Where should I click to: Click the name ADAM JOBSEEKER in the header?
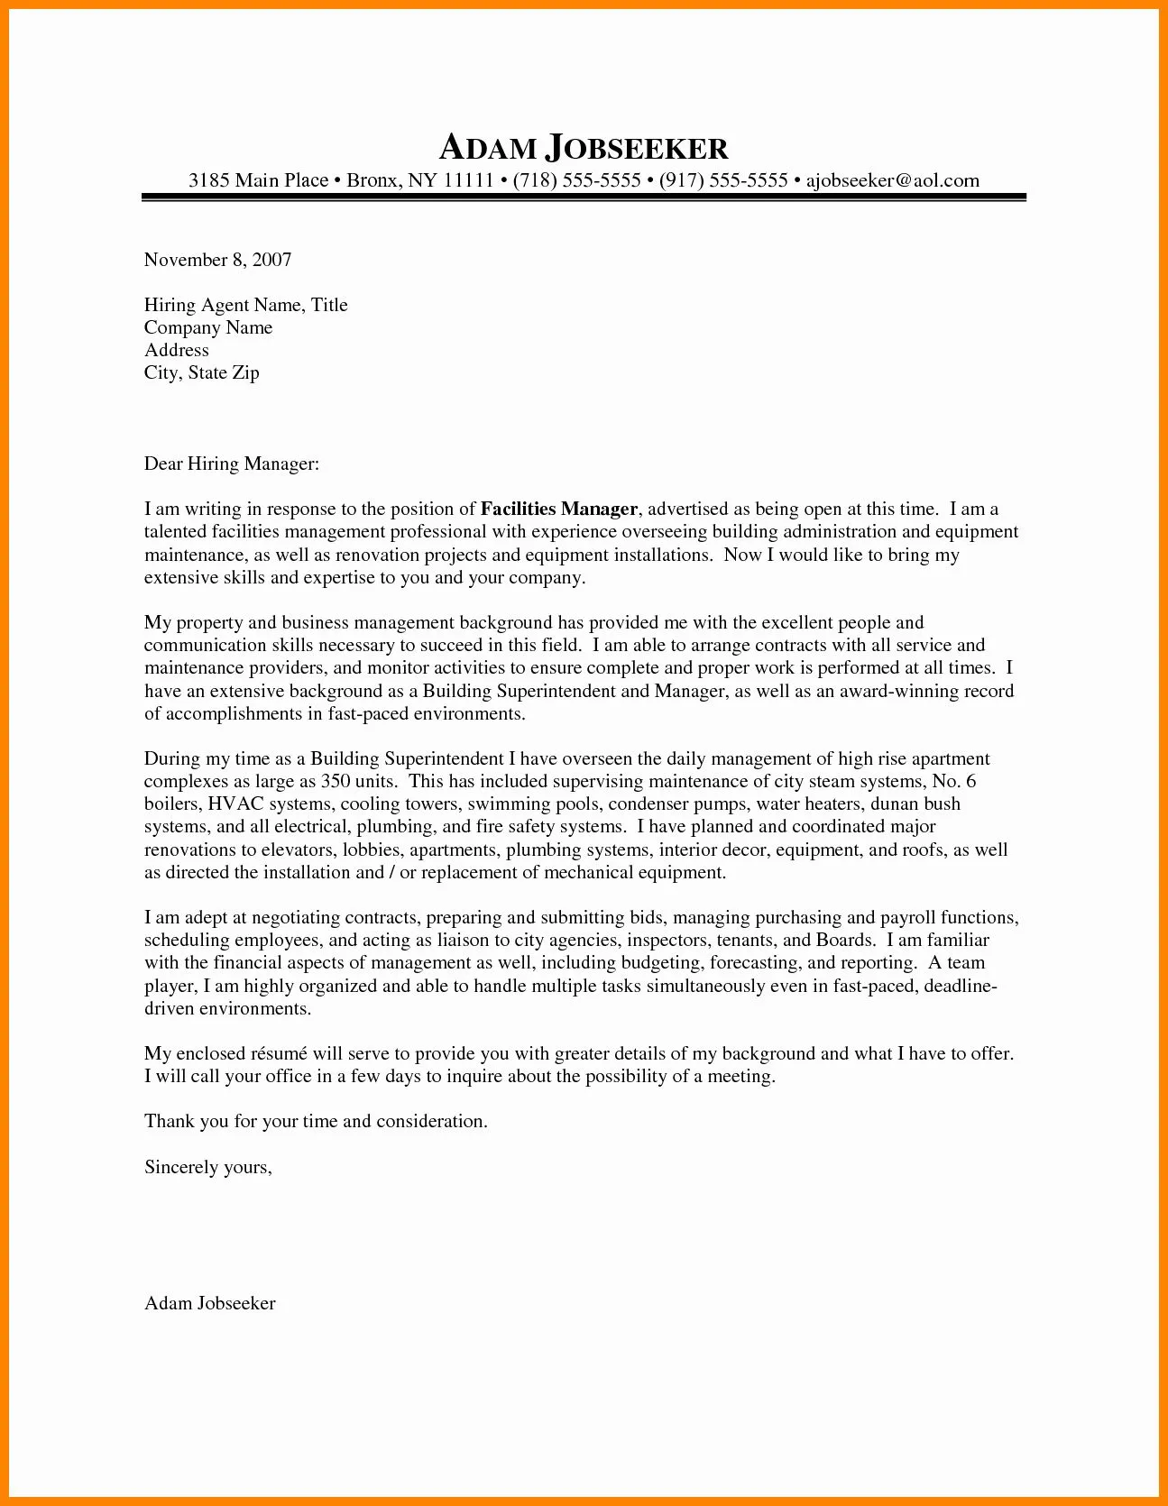(x=584, y=147)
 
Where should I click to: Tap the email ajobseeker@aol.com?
(x=892, y=180)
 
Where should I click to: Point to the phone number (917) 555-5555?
(x=723, y=180)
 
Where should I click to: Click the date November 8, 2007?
(x=217, y=260)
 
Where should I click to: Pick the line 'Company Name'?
(x=208, y=327)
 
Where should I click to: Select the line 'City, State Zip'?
(x=202, y=372)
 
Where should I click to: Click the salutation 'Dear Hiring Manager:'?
(x=232, y=464)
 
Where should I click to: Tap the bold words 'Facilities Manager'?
(x=559, y=509)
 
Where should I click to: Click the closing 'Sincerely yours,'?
(x=207, y=1167)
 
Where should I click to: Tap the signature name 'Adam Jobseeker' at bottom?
(x=210, y=1303)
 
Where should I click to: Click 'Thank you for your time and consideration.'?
(x=316, y=1121)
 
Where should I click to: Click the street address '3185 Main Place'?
(x=258, y=180)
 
